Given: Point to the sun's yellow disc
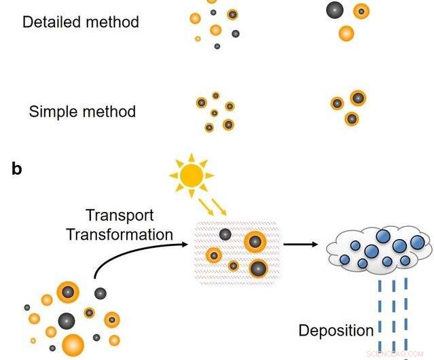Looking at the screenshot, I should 192,176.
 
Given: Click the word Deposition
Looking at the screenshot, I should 336,331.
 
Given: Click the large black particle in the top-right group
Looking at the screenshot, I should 334,10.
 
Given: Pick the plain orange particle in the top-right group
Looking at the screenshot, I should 346,33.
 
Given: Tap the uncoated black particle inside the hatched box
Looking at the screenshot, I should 224,234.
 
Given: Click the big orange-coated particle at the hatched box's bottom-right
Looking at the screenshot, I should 258,269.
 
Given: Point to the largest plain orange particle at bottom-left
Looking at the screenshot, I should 73,344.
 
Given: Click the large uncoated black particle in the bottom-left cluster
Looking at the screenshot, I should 66,320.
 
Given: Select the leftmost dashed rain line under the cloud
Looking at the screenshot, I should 378,310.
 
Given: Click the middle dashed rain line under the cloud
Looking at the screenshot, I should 393,310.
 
